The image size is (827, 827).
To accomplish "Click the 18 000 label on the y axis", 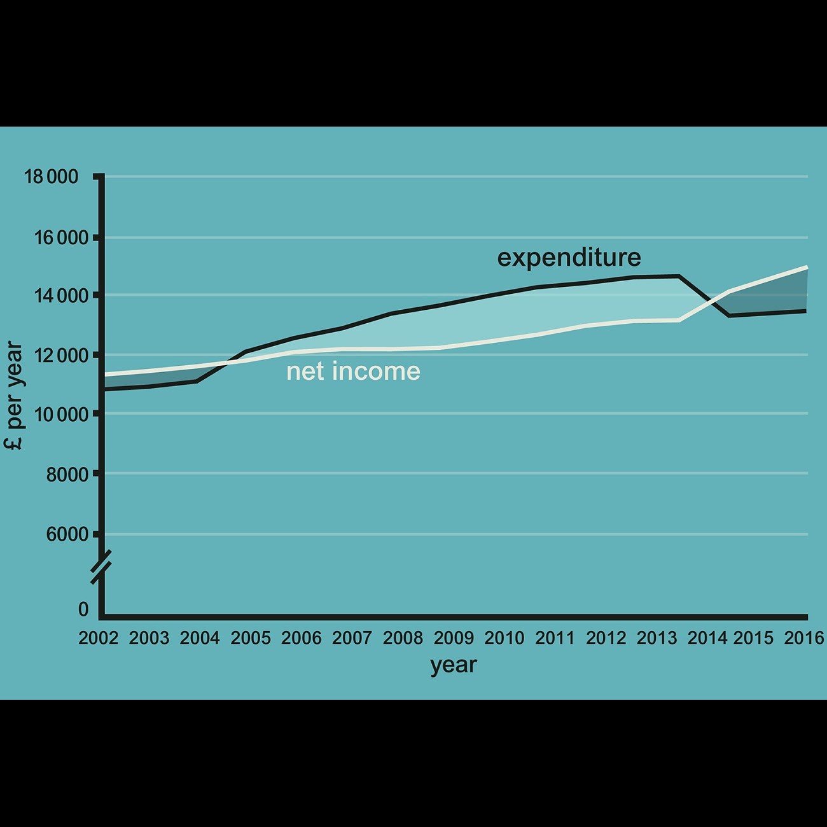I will (51, 177).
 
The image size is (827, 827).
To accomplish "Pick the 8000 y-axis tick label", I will (67, 474).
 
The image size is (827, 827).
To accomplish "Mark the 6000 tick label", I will (67, 534).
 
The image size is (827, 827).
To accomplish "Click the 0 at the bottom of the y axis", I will (83, 609).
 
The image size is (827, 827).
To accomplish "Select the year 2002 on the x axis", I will (99, 638).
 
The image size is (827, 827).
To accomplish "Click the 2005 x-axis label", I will (251, 638).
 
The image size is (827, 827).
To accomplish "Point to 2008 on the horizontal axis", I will (403, 638).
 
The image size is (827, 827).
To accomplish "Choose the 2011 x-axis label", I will (555, 638).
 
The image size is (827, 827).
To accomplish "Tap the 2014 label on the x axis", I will (707, 638).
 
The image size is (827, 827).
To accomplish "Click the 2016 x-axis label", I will (804, 638).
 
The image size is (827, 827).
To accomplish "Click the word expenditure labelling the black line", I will (569, 258).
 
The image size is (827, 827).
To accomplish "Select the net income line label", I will (353, 372).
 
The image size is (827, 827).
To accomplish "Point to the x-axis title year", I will (453, 665).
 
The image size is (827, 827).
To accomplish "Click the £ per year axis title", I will (14, 395).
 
